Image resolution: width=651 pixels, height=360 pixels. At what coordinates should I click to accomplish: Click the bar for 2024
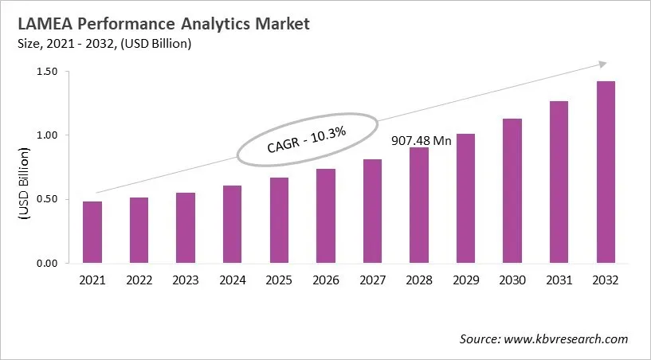pos(233,225)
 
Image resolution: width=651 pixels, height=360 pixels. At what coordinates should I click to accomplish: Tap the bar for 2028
pos(419,205)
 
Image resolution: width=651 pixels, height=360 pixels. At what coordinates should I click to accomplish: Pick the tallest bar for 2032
pos(606,172)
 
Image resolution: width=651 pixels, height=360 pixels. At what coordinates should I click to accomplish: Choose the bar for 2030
pos(512,191)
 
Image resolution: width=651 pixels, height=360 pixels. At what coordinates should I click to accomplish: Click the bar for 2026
pos(326,216)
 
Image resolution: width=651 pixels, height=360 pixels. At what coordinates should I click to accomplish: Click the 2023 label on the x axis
pos(186,280)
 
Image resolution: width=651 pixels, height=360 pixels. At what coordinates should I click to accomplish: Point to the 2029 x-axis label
pos(466,280)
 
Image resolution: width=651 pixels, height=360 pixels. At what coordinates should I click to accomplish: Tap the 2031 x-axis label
pos(559,280)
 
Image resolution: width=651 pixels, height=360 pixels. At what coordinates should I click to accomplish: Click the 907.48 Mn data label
pos(420,141)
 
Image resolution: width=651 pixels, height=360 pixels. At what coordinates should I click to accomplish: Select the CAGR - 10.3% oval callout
pos(308,139)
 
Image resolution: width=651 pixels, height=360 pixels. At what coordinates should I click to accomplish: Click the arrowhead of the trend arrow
pos(603,64)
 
